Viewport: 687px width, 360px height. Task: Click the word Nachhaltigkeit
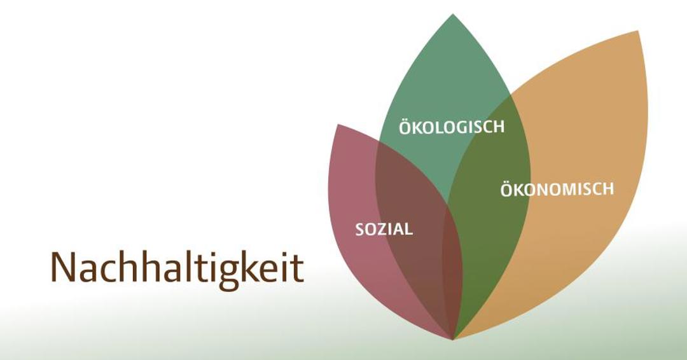pos(177,268)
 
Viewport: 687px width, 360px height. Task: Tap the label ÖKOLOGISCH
pos(452,127)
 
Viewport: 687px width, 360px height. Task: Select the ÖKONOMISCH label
pos(557,190)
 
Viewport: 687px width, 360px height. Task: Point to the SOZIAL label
pos(384,229)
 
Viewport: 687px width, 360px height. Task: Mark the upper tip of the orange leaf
pos(637,32)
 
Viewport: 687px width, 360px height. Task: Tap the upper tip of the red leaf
pos(338,125)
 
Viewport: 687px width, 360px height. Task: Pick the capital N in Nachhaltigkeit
pos(62,268)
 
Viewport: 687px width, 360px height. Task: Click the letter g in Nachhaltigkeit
pos(234,272)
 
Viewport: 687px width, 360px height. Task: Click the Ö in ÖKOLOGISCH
pos(405,127)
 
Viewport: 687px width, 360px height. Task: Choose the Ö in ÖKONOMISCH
pos(507,190)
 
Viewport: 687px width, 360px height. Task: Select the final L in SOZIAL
pos(408,229)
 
